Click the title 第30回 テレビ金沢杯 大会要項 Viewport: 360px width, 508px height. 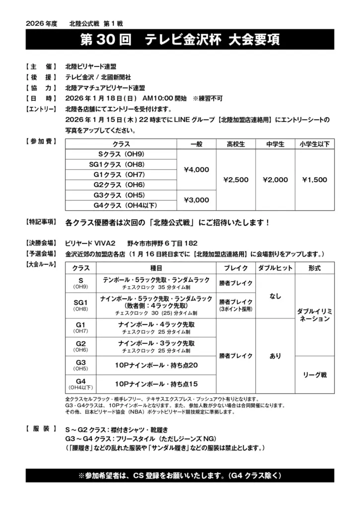point(180,40)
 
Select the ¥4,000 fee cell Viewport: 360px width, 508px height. point(196,170)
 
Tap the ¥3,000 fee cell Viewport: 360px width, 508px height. point(196,200)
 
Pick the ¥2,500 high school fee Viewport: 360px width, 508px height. point(236,180)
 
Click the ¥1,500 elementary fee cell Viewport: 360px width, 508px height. point(314,180)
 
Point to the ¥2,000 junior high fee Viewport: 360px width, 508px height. point(275,180)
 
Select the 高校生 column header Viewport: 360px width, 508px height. point(236,144)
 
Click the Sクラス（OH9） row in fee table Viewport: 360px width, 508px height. point(121,154)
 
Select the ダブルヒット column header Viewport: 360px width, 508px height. point(275,268)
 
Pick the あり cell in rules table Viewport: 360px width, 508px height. point(275,356)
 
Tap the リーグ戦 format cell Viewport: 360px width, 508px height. point(314,375)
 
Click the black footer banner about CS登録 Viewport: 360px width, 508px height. point(180,475)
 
